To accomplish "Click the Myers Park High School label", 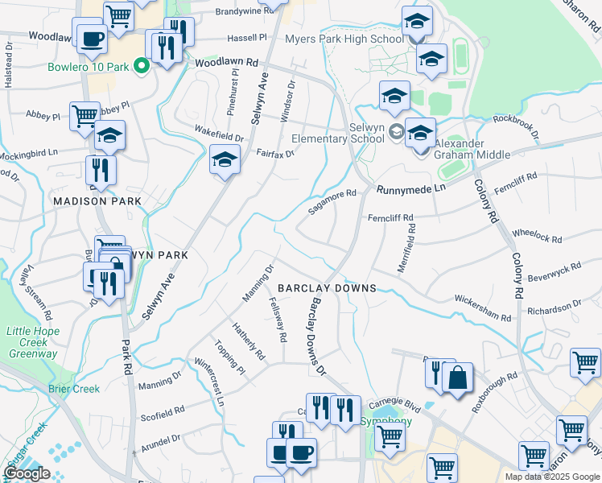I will pyautogui.click(x=344, y=39).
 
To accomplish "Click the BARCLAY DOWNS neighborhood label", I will pyautogui.click(x=327, y=288).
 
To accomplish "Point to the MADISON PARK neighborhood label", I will pyautogui.click(x=97, y=200).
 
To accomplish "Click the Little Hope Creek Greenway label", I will pyautogui.click(x=32, y=342).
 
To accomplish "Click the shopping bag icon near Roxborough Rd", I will pyautogui.click(x=457, y=378).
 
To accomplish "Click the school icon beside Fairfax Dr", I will pyautogui.click(x=225, y=159).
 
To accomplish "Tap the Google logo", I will pyautogui.click(x=27, y=473).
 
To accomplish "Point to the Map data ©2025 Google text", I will pyautogui.click(x=551, y=477).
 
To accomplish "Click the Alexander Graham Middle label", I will pyautogui.click(x=472, y=149).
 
